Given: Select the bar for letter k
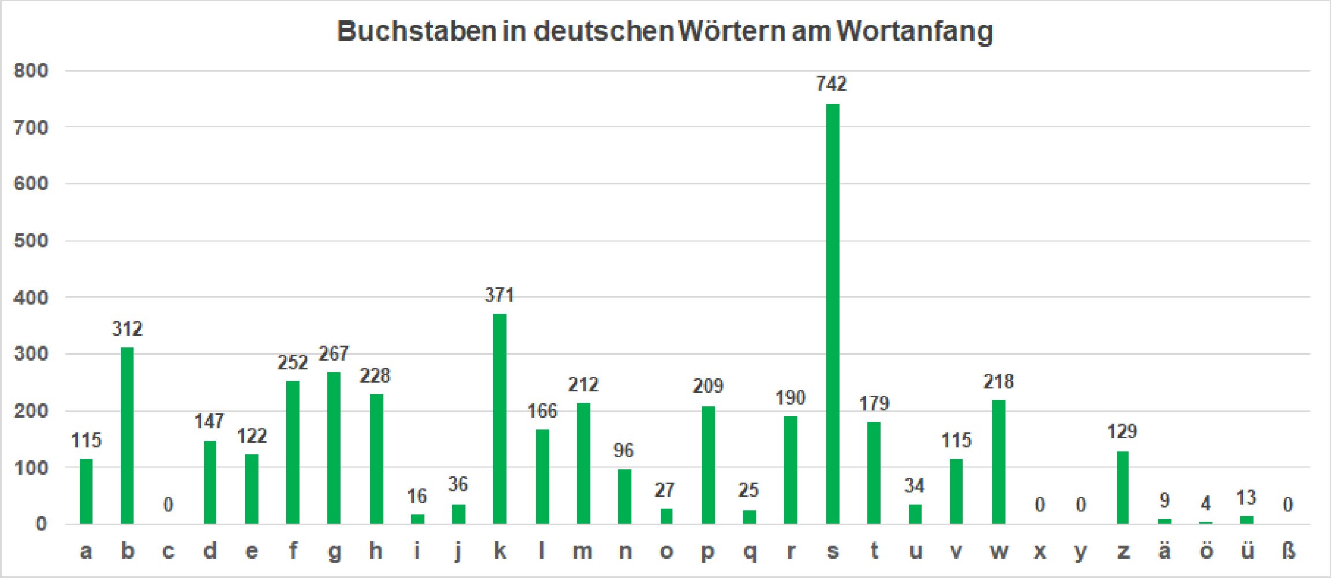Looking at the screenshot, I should [x=500, y=418].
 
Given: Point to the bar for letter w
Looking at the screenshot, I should [x=999, y=462].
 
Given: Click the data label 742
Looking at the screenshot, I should [x=831, y=84].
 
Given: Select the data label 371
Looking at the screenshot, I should [x=499, y=295].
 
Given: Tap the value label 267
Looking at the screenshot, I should [x=334, y=354].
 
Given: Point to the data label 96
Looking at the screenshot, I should [x=624, y=450].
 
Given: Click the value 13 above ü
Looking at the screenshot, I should [x=1247, y=498].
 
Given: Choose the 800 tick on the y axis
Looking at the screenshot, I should [x=31, y=71].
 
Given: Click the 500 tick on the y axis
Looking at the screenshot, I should [x=31, y=240].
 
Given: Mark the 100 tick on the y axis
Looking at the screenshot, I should [x=31, y=468].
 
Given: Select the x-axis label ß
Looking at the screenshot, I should [x=1288, y=551].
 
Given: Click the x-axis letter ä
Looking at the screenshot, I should [x=1164, y=551].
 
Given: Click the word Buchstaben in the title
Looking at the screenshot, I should [x=416, y=31].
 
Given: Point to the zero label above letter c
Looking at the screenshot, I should [x=168, y=505].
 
